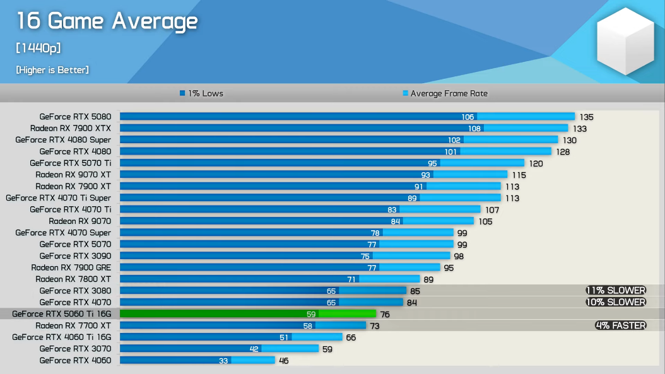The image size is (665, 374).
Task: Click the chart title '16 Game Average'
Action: pos(107,21)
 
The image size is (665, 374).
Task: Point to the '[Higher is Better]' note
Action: pos(52,70)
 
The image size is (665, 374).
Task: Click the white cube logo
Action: pos(626,42)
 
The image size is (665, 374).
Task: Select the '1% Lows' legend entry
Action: pos(201,93)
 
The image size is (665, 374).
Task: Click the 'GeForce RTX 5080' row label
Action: pos(75,117)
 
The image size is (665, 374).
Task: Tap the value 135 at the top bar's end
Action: pos(587,117)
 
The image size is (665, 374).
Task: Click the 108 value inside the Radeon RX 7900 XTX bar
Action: pos(474,129)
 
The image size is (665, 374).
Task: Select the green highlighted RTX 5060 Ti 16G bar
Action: pos(247,313)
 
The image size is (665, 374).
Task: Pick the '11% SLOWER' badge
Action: pos(616,291)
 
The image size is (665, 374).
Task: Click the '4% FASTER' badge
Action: pos(621,325)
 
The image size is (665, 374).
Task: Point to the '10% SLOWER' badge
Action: pos(616,302)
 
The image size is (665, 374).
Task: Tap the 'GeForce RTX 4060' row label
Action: pos(75,360)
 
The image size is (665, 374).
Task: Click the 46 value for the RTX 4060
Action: pos(285,361)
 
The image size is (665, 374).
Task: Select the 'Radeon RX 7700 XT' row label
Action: pos(73,325)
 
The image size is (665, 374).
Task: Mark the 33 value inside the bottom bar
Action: pos(223,361)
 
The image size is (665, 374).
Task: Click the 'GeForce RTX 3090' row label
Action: pos(75,256)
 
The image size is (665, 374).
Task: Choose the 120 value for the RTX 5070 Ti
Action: pos(536,163)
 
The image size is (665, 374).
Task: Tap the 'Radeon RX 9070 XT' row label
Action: pos(73,175)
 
